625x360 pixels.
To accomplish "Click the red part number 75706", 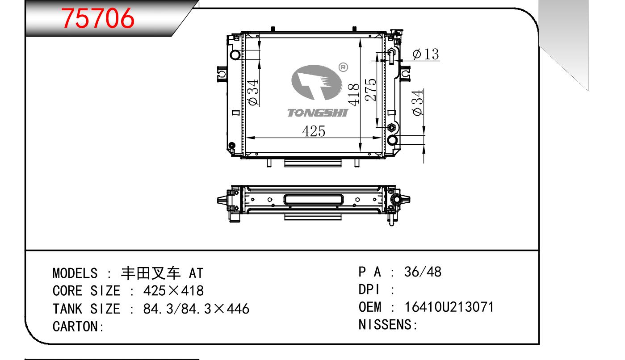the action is coord(98,18).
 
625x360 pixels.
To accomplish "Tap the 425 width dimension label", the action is coord(314,131).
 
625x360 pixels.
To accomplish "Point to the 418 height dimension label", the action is coord(354,95).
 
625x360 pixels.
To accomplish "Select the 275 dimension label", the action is coord(370,90).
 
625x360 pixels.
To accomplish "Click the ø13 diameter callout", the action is coord(426,54).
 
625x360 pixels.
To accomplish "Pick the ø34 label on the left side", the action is coord(253,92).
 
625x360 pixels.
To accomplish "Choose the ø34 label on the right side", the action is coord(417,103).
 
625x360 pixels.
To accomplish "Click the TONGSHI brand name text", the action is coord(318,113).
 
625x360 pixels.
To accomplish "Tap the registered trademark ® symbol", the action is coord(343,67).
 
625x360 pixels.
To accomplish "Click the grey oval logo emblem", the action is coord(317,83).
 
